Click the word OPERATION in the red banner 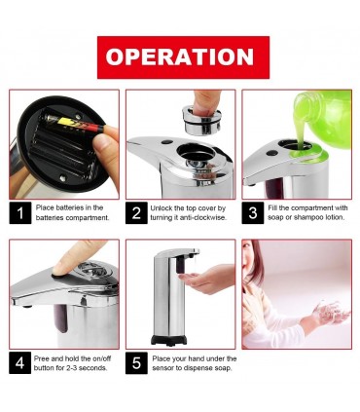179,57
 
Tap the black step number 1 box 20,213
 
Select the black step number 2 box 136,213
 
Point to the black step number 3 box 253,213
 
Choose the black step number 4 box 20,362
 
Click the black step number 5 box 136,362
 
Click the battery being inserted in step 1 75,123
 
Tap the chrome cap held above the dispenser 201,120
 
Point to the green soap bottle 324,117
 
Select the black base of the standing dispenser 168,340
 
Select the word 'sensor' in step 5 162,368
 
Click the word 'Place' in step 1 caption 45,207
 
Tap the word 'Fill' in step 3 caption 272,207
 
